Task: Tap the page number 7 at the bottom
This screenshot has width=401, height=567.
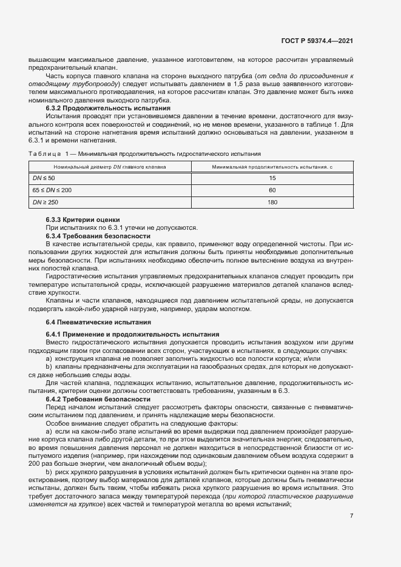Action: [x=351, y=515]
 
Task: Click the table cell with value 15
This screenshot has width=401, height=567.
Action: [x=272, y=178]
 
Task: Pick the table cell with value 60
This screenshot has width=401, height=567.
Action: [x=272, y=190]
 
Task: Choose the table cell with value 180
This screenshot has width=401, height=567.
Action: [x=272, y=202]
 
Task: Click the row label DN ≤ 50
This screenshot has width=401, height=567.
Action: [x=43, y=178]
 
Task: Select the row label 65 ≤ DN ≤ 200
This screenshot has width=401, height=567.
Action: [x=52, y=190]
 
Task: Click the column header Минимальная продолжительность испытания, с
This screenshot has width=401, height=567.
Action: [x=272, y=166]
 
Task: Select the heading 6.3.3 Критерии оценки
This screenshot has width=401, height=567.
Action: [x=83, y=220]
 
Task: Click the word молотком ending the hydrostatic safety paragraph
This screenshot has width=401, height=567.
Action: [x=234, y=309]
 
